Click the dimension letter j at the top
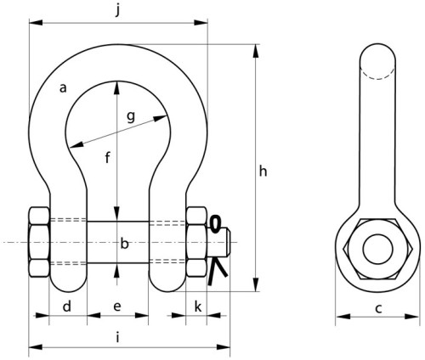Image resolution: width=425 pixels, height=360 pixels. click(117, 11)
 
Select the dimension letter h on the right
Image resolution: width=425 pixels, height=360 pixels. click(263, 172)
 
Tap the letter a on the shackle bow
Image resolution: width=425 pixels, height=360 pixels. click(63, 88)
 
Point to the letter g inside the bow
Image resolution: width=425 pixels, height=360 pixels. click(131, 117)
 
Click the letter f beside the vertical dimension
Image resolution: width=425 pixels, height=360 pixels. click(107, 157)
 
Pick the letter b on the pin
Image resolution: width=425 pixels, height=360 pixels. click(124, 244)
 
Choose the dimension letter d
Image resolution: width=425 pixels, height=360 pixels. click(67, 307)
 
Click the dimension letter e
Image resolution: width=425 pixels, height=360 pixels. click(117, 307)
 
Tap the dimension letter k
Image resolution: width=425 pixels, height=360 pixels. click(198, 307)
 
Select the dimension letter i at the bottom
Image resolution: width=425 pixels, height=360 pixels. click(117, 337)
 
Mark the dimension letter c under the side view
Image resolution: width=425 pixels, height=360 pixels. click(378, 309)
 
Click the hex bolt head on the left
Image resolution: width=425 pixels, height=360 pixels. click(39, 242)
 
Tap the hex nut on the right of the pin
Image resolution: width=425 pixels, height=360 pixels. click(196, 242)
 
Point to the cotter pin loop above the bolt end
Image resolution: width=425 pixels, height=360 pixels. click(215, 224)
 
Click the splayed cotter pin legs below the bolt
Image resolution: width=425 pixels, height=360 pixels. click(217, 271)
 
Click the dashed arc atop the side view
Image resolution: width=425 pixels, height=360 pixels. click(377, 75)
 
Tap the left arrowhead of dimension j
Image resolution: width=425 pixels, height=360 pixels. click(36, 22)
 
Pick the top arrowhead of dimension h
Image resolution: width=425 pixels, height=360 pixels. click(256, 51)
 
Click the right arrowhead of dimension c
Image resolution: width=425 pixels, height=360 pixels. click(412, 316)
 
